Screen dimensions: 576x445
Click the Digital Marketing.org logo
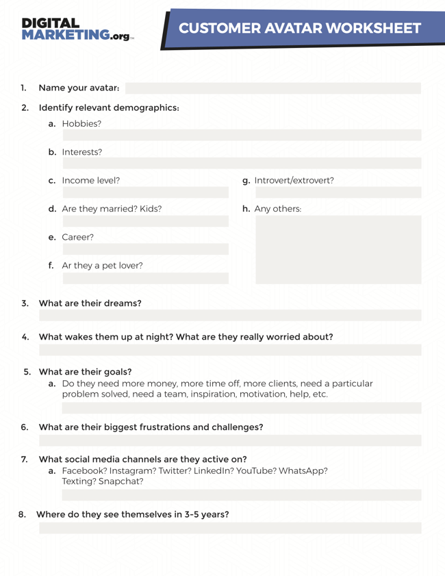77,29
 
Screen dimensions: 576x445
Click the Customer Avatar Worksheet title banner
300,29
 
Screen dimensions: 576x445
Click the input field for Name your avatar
272,88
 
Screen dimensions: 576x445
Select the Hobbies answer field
242,136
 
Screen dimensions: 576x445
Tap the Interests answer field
242,164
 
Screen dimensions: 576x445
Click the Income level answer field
145,192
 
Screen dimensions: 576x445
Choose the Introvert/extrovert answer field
338,192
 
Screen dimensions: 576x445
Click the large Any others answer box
338,249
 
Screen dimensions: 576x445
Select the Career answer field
145,249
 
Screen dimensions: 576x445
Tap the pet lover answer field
145,278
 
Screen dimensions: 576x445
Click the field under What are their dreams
230,315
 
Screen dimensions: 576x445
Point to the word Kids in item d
151,209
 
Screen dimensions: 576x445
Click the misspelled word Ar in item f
67,266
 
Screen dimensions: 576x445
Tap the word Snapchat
121,481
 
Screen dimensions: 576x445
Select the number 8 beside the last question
22,514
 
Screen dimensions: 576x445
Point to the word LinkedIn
213,471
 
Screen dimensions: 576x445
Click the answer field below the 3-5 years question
230,528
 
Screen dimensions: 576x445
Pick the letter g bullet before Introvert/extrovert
246,181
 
